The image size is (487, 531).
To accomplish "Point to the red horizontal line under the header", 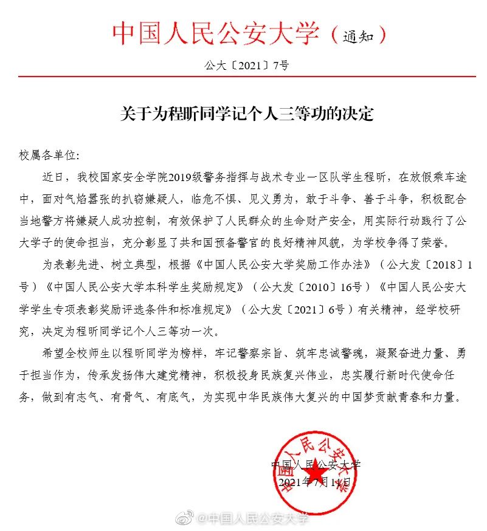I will (x=243, y=77).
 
